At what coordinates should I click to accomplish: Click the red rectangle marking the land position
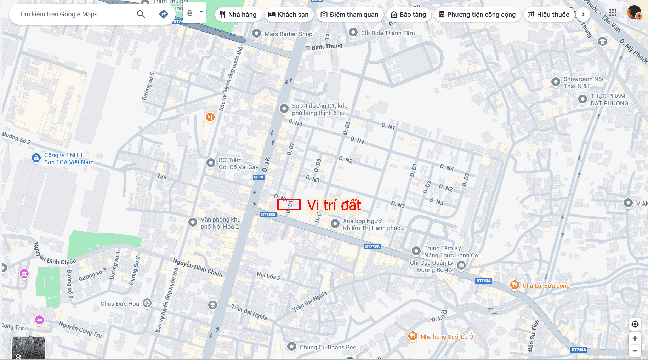pos(289,205)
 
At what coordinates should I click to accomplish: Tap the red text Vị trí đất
pos(334,205)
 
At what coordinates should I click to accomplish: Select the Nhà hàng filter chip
pos(238,15)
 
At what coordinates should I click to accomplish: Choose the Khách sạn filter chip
pos(289,15)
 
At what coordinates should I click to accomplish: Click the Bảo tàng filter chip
pos(408,15)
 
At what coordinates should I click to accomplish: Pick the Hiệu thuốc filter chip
pos(549,15)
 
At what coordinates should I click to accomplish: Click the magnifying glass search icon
pos(141,14)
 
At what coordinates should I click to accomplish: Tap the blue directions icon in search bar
pos(164,14)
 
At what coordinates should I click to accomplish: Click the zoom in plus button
pos(635,338)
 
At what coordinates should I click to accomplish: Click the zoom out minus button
pos(635,351)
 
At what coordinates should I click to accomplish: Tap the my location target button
pos(635,324)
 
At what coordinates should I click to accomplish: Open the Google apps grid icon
pos(613,13)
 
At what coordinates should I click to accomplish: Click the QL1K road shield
pos(259,177)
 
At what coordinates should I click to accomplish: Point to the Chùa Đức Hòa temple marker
pos(147,303)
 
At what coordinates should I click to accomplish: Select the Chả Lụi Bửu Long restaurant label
pos(546,286)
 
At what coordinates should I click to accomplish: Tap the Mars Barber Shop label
pos(288,34)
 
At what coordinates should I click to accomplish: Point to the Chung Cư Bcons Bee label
pos(328,347)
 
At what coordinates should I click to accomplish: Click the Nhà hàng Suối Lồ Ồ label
pos(447,337)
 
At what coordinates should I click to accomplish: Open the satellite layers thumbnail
pos(28,348)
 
